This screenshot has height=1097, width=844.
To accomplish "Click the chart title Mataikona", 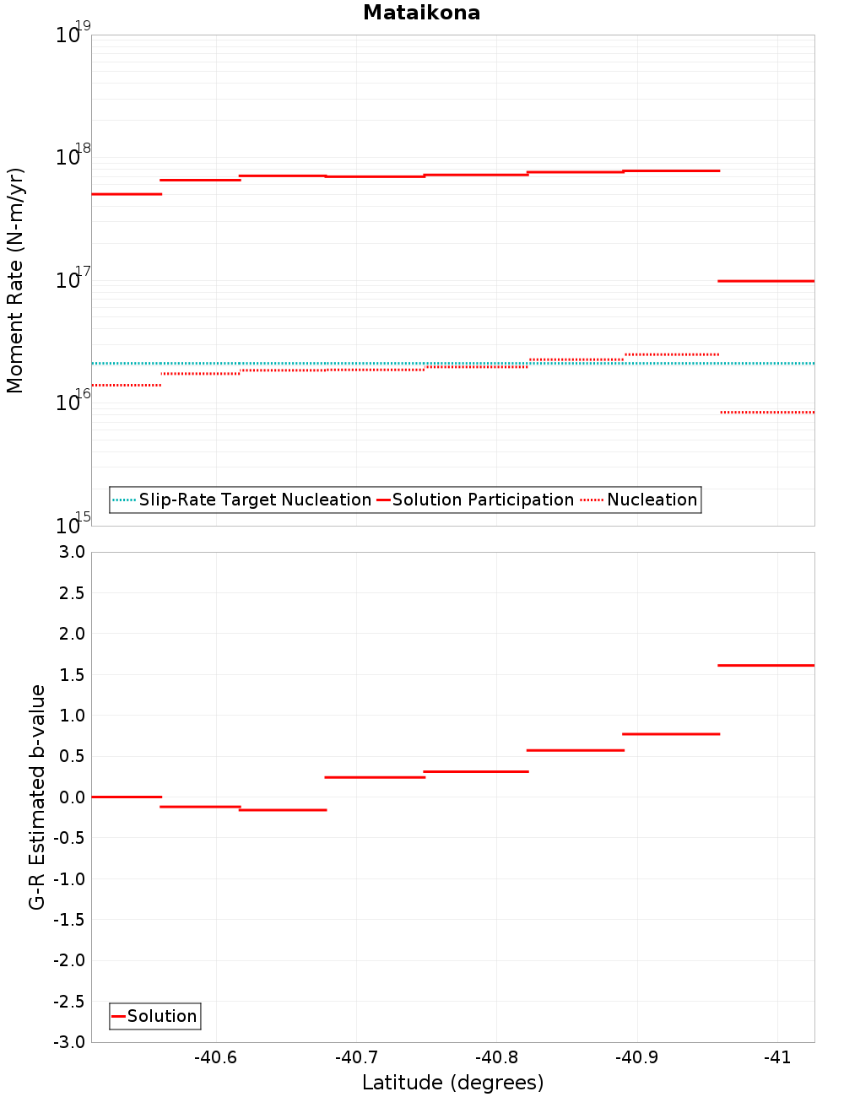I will (x=421, y=13).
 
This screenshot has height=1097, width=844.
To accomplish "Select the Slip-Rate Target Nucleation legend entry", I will (x=254, y=500).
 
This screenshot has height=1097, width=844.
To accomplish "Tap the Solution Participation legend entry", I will (x=483, y=500).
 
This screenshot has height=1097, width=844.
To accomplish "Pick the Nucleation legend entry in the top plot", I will (x=652, y=500).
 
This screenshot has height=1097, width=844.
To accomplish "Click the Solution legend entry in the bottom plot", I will (x=162, y=1016).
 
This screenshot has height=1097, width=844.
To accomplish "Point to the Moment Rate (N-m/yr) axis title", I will (x=15, y=280).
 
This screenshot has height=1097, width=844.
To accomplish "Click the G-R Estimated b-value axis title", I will (x=37, y=797).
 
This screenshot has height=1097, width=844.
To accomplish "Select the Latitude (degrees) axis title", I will (x=452, y=1083).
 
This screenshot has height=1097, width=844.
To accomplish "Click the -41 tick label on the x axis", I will (x=776, y=1057).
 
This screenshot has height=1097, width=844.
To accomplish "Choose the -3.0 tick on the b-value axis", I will (x=69, y=1042).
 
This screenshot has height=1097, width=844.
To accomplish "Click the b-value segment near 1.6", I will (x=766, y=665).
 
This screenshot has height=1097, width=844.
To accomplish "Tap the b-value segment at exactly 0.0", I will (x=126, y=797).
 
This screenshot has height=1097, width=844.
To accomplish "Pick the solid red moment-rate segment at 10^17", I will (x=766, y=280).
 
